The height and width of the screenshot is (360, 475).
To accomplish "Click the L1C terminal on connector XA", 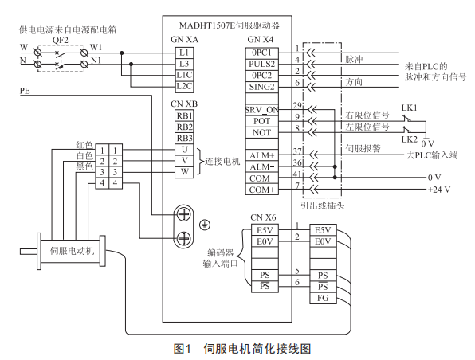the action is pyautogui.click(x=184, y=75).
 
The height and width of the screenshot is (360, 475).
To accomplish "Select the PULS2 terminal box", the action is pyautogui.click(x=261, y=65).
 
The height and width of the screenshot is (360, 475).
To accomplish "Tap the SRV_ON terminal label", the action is pyautogui.click(x=261, y=110).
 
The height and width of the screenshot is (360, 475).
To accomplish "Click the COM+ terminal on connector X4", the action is pyautogui.click(x=261, y=190).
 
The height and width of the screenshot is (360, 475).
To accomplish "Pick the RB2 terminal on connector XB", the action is pyautogui.click(x=184, y=127).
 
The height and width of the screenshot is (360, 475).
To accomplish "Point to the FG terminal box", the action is pyautogui.click(x=323, y=298).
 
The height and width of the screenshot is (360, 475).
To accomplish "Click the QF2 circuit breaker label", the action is pyautogui.click(x=61, y=41).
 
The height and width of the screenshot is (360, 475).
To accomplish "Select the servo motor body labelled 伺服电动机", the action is pyautogui.click(x=72, y=251).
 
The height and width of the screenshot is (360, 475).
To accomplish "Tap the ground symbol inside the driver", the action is pyautogui.click(x=205, y=225).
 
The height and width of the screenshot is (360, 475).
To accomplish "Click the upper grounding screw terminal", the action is pyautogui.click(x=183, y=215).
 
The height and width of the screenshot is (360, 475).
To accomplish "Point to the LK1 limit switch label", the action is pyautogui.click(x=410, y=108).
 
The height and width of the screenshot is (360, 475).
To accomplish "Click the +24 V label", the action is pyautogui.click(x=439, y=190).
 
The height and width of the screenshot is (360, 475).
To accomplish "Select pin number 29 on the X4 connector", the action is pyautogui.click(x=297, y=105).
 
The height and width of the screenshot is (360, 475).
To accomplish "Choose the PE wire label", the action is pyautogui.click(x=26, y=91).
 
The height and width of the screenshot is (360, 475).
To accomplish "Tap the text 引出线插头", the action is pyautogui.click(x=323, y=206).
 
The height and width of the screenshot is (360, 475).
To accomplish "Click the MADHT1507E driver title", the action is pyautogui.click(x=229, y=25).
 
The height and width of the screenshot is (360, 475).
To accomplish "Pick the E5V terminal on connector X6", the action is pyautogui.click(x=265, y=230).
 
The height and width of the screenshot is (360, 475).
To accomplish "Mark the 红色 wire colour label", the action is pyautogui.click(x=84, y=145).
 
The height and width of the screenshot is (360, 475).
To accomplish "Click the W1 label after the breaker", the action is pyautogui.click(x=96, y=47).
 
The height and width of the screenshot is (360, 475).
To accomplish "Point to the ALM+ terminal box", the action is pyautogui.click(x=261, y=155).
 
